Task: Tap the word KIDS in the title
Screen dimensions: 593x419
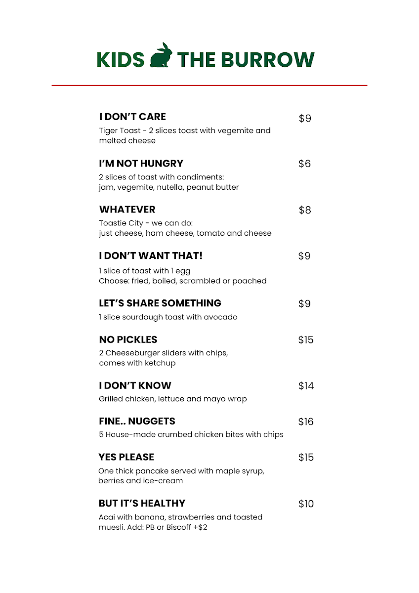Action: click(x=121, y=59)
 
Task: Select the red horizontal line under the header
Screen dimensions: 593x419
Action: click(x=209, y=85)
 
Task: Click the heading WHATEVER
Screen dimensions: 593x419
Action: click(x=127, y=210)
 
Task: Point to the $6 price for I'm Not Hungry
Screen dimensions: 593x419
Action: click(x=304, y=164)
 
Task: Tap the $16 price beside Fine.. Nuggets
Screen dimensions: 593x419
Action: click(x=306, y=422)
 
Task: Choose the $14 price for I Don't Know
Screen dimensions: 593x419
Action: click(x=306, y=386)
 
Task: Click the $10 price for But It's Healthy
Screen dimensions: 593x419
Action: click(x=306, y=504)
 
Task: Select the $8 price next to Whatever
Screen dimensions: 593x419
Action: click(x=305, y=210)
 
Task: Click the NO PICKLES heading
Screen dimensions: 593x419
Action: click(x=128, y=339)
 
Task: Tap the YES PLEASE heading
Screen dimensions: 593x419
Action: click(x=126, y=457)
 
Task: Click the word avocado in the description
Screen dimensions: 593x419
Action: click(x=221, y=317)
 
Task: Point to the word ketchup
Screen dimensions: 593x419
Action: click(x=160, y=363)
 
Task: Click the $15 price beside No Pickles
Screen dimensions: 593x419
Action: click(x=306, y=340)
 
